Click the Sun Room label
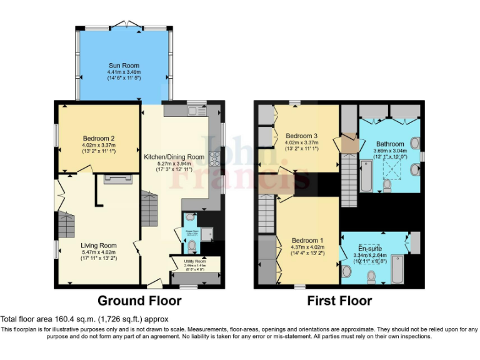(124, 66)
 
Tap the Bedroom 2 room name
(99, 139)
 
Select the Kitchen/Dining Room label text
(174, 157)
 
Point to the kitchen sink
(191, 111)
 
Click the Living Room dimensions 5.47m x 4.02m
(99, 252)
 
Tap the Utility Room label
(195, 261)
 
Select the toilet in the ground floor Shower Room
(191, 245)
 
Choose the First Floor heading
(339, 301)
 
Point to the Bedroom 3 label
(302, 136)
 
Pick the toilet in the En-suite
(371, 276)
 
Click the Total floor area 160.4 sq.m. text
(75, 319)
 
